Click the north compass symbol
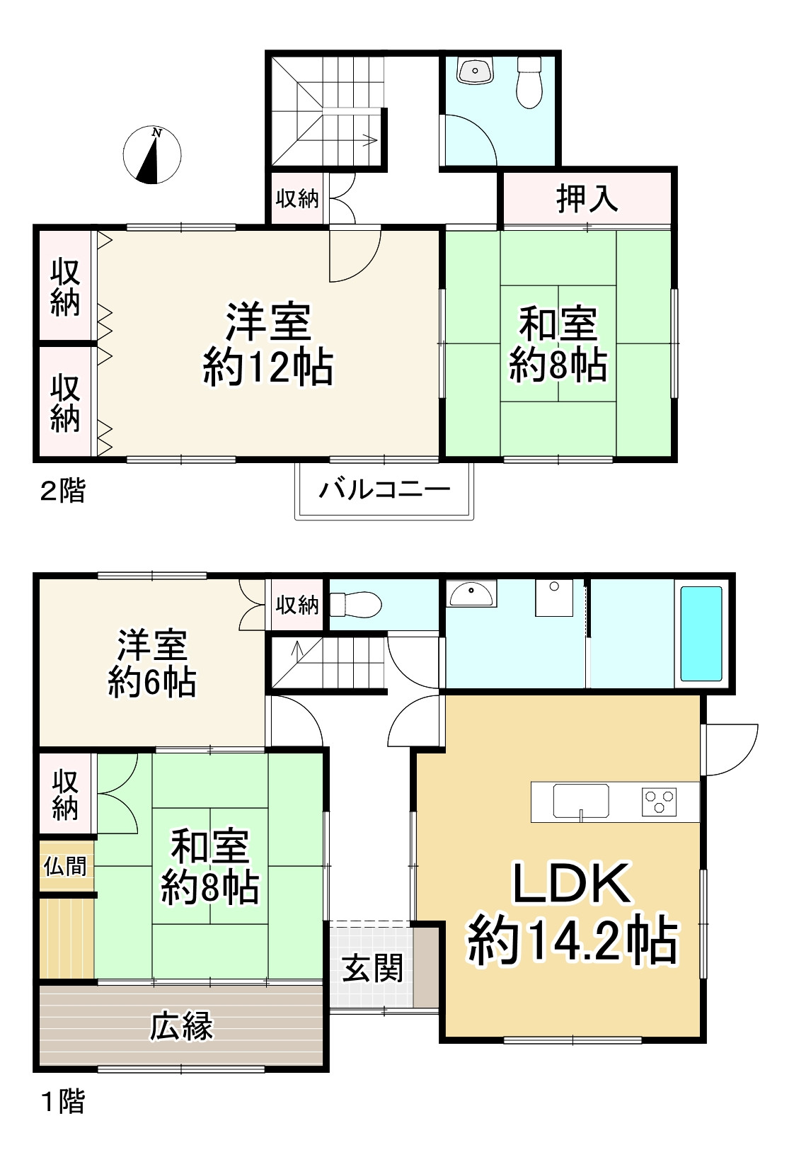pos(152,155)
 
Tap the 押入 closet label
pos(587,198)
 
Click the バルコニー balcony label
pos(384,489)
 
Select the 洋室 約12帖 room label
pos(268,344)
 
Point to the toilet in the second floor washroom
pos(529,82)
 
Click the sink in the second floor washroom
pos(475,72)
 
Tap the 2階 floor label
pos(62,491)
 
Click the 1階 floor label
pos(63,1102)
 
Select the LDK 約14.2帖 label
pos(572,913)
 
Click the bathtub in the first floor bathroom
pos(701,633)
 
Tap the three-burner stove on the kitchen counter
pos(659,802)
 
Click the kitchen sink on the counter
pos(580,801)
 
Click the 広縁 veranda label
pos(181,1026)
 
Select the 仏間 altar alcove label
pos(65,865)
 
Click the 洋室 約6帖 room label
pos(151,664)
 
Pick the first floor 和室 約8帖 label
pos(209,867)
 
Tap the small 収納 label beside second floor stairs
pos(297,199)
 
